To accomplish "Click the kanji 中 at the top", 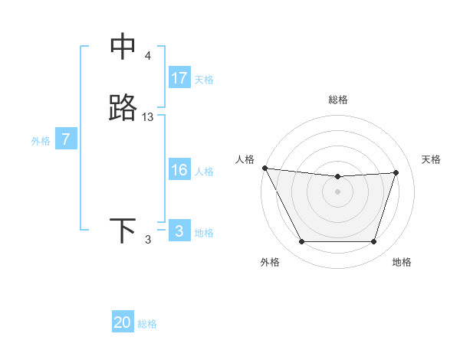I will coord(123,47).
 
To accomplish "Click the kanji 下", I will coord(123,231).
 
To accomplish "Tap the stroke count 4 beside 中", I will coord(148,56).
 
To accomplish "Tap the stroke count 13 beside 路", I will coord(148,117).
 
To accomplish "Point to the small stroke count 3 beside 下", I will coord(148,241).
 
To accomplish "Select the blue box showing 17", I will coord(179,78).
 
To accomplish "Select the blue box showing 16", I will coord(179,170).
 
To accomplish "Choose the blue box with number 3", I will coord(179,231).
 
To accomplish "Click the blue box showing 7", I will coord(67,139).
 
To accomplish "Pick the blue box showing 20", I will coord(123,322).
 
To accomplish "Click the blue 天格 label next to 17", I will coord(204,79).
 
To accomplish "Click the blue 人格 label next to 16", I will coord(204,171).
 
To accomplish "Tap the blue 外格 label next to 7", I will coord(41,140).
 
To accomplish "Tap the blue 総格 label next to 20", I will coord(147,324).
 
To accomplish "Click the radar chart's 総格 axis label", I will coord(338,100).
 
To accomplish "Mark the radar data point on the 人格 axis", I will coord(264,168).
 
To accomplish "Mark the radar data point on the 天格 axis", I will coord(396,172).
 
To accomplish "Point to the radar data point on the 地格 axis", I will coord(374,242).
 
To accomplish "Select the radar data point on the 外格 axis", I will coord(301,242).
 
